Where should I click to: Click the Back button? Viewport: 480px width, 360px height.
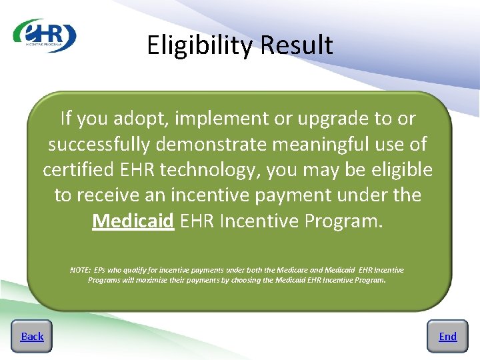(x=32, y=337)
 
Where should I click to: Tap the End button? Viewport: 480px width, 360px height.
(x=447, y=337)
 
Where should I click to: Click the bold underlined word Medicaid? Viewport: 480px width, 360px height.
(x=133, y=221)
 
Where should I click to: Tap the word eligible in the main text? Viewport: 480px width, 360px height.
(x=399, y=170)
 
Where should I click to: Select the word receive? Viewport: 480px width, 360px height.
(x=109, y=195)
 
